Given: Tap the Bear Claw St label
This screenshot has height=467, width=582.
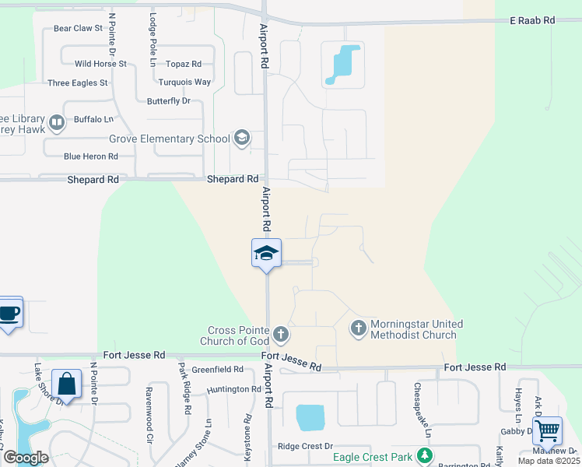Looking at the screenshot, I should click(78, 28).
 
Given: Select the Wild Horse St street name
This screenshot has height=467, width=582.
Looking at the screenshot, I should click(100, 64).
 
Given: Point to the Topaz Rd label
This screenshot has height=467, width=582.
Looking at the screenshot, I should click(184, 64).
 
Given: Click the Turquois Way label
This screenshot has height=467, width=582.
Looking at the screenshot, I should click(184, 82).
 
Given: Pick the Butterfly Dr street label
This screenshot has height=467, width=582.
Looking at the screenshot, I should click(169, 101).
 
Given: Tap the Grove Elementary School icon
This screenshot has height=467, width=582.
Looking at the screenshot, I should click(242, 139).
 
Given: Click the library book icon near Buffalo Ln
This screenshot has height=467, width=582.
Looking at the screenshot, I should click(56, 122).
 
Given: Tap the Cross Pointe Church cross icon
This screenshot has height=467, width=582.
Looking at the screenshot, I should click(281, 335).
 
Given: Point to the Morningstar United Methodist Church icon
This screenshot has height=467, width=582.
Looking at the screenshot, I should click(358, 328).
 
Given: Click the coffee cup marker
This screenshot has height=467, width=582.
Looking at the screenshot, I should click(9, 313).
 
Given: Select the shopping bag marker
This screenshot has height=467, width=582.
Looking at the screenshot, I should click(66, 384).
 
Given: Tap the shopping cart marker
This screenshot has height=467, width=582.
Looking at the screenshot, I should click(548, 430).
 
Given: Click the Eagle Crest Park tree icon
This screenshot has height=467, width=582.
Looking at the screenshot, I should click(425, 455).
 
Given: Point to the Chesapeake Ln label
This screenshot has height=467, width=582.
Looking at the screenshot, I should click(417, 398).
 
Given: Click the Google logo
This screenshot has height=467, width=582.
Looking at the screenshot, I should click(25, 458).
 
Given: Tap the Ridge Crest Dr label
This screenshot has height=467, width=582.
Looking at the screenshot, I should click(306, 447).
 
